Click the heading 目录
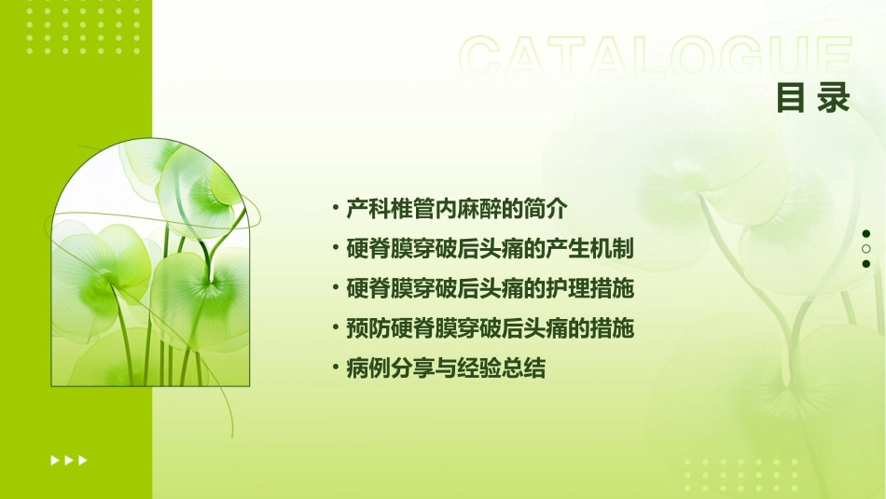[x=813, y=97]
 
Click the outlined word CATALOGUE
[x=655, y=59]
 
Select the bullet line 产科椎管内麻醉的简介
[x=456, y=208]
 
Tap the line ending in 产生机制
[x=490, y=248]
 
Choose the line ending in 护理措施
[x=490, y=288]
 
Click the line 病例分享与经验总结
[x=445, y=368]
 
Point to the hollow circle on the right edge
[x=866, y=249]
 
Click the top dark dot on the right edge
[x=866, y=234]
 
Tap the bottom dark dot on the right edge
[x=866, y=264]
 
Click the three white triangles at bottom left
[x=69, y=460]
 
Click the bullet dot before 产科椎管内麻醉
[x=335, y=208]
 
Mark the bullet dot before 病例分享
[x=335, y=368]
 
